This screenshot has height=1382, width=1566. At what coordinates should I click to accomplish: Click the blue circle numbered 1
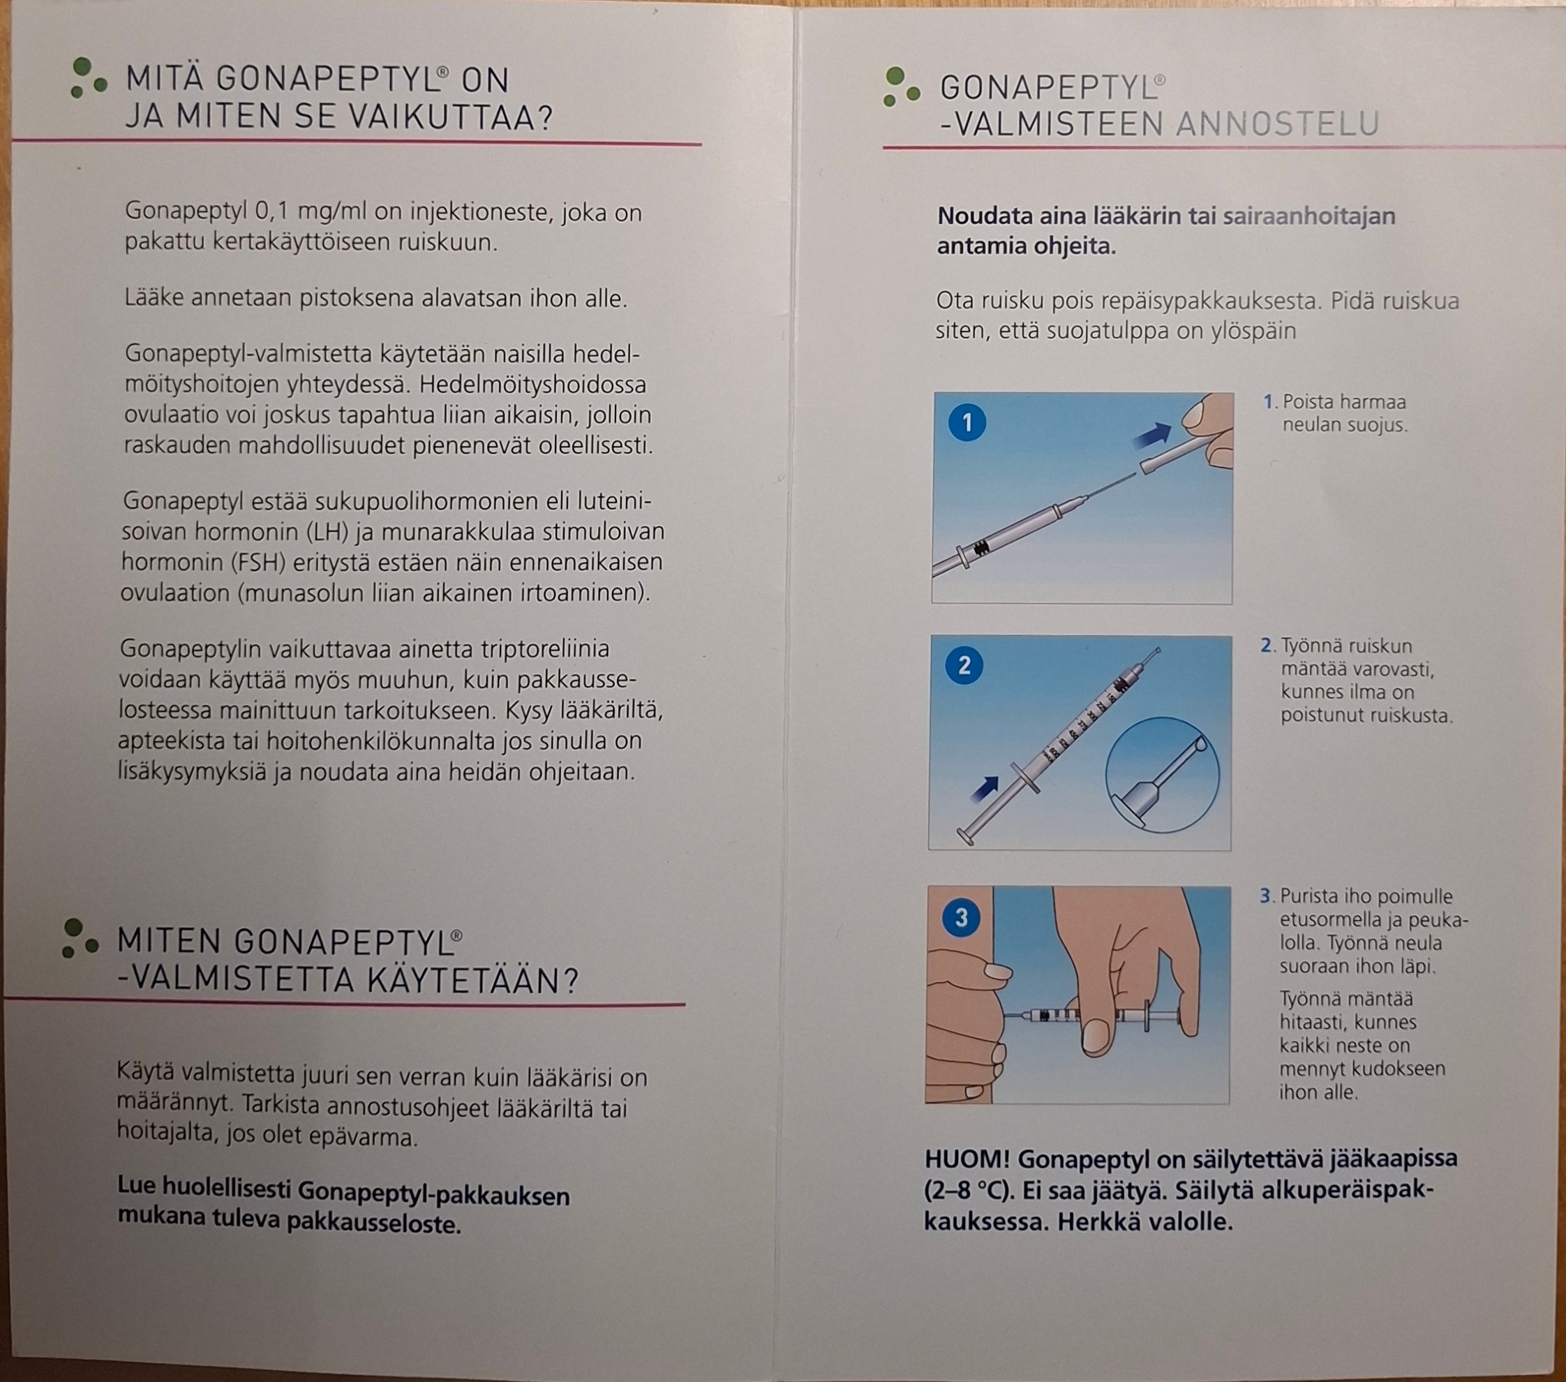967,422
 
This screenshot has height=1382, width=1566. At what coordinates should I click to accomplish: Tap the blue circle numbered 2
964,664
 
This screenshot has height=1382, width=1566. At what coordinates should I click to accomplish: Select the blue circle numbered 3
962,917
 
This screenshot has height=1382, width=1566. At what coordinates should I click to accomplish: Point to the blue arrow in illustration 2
985,789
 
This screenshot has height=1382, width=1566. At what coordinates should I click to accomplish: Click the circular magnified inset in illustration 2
1162,775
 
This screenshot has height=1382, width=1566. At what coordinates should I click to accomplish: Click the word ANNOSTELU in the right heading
1277,124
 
